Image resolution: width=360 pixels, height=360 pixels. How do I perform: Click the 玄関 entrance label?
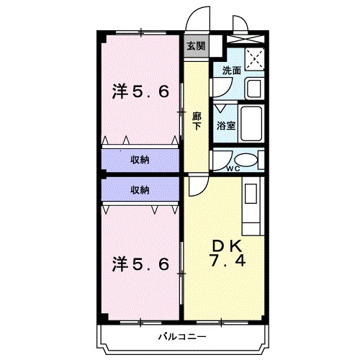[x=195, y=46]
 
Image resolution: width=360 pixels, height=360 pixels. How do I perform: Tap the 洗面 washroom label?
[x=231, y=71]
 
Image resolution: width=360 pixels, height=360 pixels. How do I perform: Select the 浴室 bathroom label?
[x=225, y=125]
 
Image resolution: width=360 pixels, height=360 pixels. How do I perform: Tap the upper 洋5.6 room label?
[x=140, y=91]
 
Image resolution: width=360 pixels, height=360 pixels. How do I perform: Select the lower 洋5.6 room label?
[x=140, y=264]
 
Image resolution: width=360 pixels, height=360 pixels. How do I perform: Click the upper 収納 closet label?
[x=140, y=159]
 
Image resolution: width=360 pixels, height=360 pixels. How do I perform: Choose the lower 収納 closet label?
[x=140, y=189]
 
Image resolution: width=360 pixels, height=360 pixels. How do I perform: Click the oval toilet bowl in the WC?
[x=246, y=161]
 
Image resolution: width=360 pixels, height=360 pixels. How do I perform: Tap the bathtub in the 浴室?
[x=251, y=123]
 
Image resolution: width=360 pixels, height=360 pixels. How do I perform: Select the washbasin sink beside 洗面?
[x=253, y=89]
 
